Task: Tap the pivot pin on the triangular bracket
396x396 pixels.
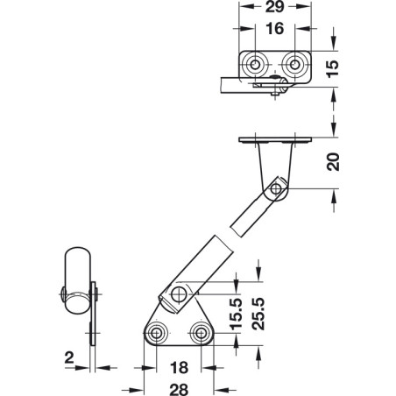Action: pyautogui.click(x=181, y=293)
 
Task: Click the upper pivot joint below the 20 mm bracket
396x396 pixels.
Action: pyautogui.click(x=277, y=189)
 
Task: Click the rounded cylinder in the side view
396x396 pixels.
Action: pyautogui.click(x=76, y=280)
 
